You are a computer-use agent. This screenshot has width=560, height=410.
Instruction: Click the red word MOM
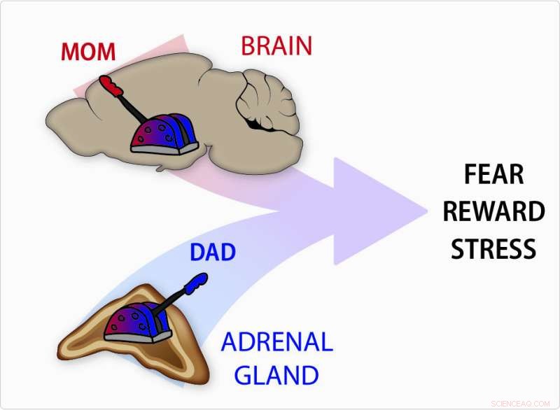(87, 52)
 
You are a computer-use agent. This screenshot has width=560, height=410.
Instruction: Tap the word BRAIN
(276, 45)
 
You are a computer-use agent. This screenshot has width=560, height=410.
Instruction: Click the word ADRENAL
(276, 343)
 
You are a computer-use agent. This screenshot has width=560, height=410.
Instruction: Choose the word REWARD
(493, 211)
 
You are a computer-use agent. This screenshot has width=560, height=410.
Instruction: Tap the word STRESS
(493, 248)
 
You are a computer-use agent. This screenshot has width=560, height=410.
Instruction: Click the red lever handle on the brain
(110, 85)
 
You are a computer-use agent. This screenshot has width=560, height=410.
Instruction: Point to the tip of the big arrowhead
(428, 211)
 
